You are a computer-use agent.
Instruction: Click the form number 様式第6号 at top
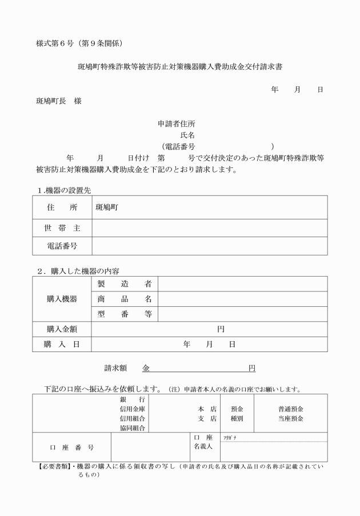(57, 43)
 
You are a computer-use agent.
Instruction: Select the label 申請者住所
(178, 124)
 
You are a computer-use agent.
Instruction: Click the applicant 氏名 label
(187, 135)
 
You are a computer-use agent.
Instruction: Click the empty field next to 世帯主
(209, 228)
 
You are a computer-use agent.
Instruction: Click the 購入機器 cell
(62, 299)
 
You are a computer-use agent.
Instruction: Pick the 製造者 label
(124, 284)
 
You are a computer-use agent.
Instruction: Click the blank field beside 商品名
(242, 299)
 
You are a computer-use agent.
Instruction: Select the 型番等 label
(124, 314)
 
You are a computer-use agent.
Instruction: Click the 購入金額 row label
(62, 329)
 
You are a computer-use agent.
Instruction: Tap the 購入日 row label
(62, 344)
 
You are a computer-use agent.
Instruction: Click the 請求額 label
(119, 368)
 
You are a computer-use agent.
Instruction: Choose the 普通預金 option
(291, 409)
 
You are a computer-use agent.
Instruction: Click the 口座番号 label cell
(71, 447)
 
